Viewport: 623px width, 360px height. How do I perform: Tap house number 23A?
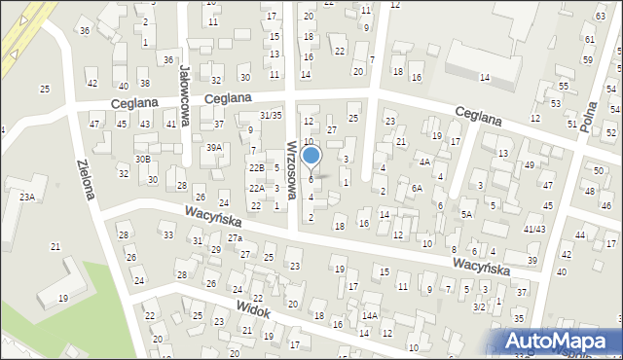coord(26,197)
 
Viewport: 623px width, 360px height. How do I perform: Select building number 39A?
coord(213,147)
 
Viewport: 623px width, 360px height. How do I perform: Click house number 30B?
coord(142,159)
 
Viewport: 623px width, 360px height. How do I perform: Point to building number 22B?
coord(255,168)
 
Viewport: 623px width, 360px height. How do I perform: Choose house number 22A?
coord(256,188)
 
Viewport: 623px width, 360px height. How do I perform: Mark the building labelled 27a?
coord(235,238)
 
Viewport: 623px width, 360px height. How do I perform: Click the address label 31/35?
coord(270,116)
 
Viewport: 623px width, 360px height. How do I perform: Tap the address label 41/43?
coord(534,229)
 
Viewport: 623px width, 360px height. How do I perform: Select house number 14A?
coord(370,315)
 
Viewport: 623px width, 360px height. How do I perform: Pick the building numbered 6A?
coord(416,188)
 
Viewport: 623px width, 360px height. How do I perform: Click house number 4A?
coord(424,162)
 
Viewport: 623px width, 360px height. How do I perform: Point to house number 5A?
coord(467,214)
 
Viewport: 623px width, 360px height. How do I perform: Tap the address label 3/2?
coord(479,306)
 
